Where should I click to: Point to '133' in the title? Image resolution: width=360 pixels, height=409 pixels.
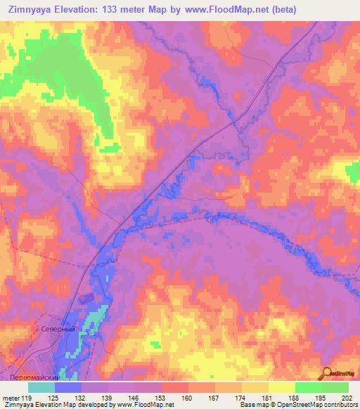pos(114,9)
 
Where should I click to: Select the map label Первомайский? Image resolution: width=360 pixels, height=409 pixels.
pos(35,377)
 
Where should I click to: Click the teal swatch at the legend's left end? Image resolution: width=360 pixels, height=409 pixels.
pos(41,387)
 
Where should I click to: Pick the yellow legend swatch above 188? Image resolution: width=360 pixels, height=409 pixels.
pos(282,387)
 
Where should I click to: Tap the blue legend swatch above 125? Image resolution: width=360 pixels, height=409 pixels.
pos(68,387)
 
